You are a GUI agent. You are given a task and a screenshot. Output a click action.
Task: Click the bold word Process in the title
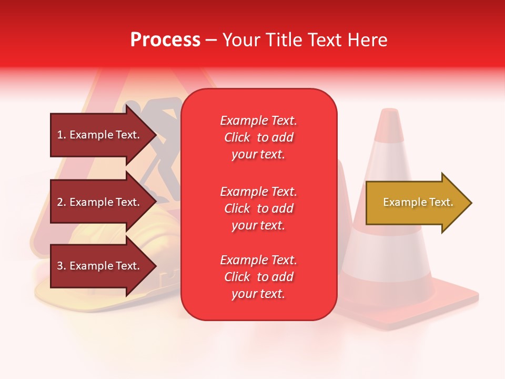165,40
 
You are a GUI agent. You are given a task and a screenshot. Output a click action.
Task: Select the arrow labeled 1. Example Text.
100,135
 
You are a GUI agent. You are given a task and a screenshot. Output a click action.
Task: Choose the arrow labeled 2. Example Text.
100,202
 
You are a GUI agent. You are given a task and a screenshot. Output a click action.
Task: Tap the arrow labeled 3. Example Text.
100,266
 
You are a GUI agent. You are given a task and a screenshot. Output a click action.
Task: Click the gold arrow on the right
416,203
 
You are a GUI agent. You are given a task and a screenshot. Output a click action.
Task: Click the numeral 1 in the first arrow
60,135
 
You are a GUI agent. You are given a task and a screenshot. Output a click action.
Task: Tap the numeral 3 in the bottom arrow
60,266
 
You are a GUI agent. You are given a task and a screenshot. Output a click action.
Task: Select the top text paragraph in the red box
258,137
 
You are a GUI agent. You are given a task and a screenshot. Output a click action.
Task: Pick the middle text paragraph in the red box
258,208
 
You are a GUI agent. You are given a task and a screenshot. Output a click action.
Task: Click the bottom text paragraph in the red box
258,277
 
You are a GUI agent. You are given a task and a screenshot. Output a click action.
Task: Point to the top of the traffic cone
390,112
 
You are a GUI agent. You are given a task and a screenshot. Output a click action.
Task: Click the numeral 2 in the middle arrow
60,202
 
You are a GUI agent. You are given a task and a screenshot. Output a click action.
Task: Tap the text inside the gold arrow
418,202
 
